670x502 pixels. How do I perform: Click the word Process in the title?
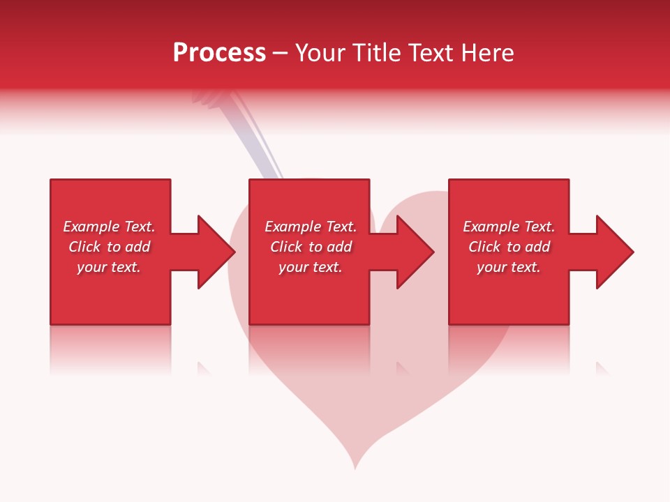coord(219,52)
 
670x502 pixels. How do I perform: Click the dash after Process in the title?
coord(281,54)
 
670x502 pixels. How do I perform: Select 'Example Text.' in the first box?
coord(110,227)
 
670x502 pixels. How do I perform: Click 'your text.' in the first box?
coord(110,267)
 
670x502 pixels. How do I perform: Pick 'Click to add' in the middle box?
coord(311,247)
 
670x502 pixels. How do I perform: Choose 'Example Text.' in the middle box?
coord(311,227)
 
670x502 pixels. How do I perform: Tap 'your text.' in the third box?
coord(509,267)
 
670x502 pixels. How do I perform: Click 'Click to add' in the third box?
coord(509,247)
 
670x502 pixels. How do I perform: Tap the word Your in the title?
coord(320,52)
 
